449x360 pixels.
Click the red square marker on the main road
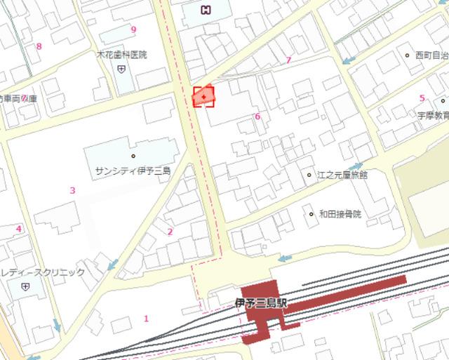pyautogui.click(x=203, y=97)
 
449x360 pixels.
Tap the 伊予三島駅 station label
pyautogui.click(x=261, y=303)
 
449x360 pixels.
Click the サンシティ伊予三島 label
pyautogui.click(x=133, y=171)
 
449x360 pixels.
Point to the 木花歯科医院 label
pyautogui.click(x=121, y=55)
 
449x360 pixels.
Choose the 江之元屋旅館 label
pyautogui.click(x=342, y=175)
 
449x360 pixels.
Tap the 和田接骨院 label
pyautogui.click(x=340, y=214)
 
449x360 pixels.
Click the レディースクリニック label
pyautogui.click(x=43, y=272)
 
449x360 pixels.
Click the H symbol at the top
pyautogui.click(x=206, y=9)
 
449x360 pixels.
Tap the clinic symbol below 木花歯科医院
pyautogui.click(x=121, y=68)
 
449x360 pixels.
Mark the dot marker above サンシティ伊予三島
pyautogui.click(x=133, y=156)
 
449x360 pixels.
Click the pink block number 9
pyautogui.click(x=133, y=29)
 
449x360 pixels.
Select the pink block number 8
pyautogui.click(x=39, y=47)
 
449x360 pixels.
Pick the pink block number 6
pyautogui.click(x=257, y=116)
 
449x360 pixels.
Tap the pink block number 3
pyautogui.click(x=72, y=190)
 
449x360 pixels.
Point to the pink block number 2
pyautogui.click(x=170, y=232)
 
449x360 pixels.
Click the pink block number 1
pyautogui.click(x=146, y=319)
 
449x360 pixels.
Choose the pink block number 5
pyautogui.click(x=422, y=98)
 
